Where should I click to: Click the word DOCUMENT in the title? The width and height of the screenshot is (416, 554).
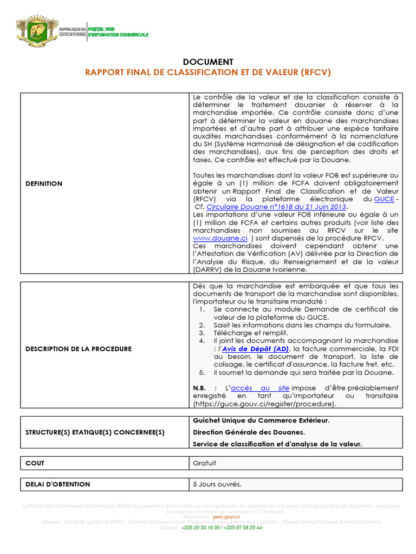(x=207, y=62)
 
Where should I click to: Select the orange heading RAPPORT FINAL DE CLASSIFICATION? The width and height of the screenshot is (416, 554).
(x=207, y=72)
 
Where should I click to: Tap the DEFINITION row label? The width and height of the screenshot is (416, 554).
(x=44, y=184)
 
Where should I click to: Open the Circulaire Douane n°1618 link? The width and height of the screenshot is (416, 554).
(x=276, y=207)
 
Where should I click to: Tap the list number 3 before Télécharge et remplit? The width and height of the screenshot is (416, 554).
(x=201, y=333)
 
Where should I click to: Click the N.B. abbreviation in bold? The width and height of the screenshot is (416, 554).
(x=199, y=388)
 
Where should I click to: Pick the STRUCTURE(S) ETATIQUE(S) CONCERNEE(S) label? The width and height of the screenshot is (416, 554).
(x=95, y=432)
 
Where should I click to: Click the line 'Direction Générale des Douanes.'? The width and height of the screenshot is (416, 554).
(x=249, y=432)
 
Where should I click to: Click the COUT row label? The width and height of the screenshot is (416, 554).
(x=35, y=464)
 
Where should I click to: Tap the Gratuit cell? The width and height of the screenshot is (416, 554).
(x=205, y=464)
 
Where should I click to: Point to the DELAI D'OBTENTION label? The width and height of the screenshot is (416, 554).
(x=58, y=484)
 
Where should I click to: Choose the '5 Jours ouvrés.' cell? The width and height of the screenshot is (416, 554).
(x=217, y=484)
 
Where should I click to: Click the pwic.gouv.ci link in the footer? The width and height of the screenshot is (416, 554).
(x=226, y=517)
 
